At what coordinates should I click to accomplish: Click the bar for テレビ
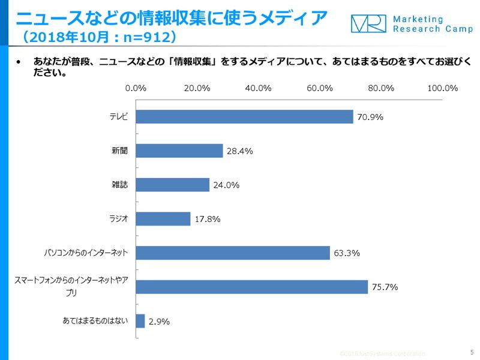[244, 116]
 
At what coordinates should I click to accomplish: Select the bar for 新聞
[179, 151]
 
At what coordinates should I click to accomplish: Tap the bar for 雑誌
[173, 185]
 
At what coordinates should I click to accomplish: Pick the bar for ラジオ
[163, 218]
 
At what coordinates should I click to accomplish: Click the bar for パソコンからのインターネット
[233, 253]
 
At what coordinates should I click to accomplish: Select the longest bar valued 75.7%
[252, 287]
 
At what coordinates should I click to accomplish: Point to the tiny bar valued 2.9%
[140, 321]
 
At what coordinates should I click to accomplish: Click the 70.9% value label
[370, 117]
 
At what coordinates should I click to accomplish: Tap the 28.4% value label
[239, 151]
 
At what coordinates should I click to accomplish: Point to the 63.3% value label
[346, 253]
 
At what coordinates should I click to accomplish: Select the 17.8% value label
[207, 219]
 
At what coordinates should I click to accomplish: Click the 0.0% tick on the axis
[136, 88]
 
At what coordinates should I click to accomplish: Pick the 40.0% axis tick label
[258, 88]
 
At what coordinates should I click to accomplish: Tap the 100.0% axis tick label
[442, 88]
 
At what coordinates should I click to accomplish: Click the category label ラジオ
[118, 218]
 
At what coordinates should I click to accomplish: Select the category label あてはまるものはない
[95, 321]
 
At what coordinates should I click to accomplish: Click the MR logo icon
[368, 24]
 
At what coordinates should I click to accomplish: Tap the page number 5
[471, 352]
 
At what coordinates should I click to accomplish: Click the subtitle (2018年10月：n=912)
[99, 38]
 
